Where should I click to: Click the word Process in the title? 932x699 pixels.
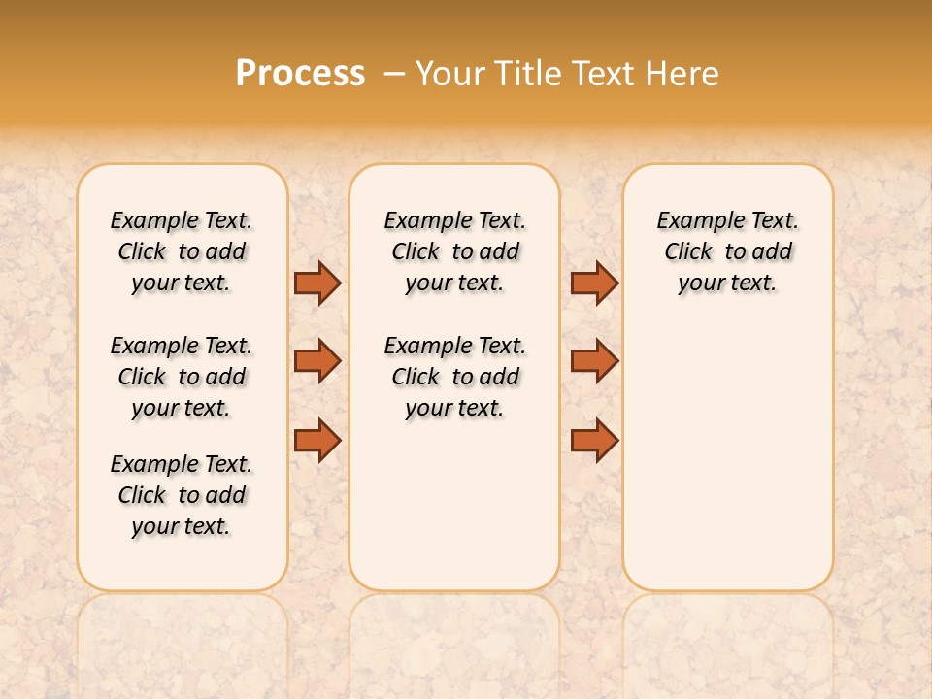(300, 74)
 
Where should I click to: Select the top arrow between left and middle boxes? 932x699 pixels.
(317, 283)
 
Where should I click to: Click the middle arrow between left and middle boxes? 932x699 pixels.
(317, 361)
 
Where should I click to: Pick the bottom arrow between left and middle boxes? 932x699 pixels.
(317, 440)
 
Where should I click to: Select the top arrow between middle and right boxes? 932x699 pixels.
(594, 283)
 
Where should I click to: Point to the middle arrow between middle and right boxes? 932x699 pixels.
(594, 361)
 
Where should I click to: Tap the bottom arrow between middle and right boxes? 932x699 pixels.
(594, 440)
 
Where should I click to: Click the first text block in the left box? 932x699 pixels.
(182, 251)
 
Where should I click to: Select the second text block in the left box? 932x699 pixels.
(182, 377)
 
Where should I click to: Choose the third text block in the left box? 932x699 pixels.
(182, 495)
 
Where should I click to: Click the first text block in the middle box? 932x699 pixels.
(454, 251)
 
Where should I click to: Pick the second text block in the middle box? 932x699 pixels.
(454, 377)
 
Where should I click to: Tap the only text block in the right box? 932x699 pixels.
(728, 251)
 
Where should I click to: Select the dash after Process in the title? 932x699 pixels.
(394, 74)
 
